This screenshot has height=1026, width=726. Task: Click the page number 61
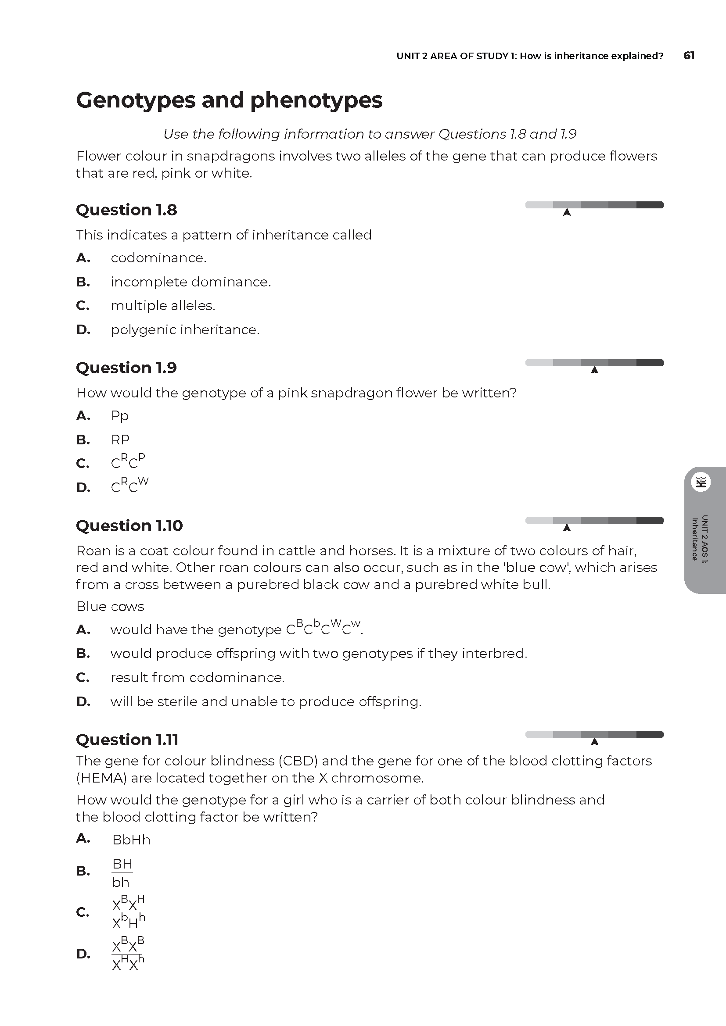(689, 55)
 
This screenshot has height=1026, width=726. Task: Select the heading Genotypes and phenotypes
(229, 100)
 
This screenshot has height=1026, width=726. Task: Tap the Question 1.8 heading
(126, 210)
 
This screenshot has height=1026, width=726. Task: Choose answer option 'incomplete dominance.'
(191, 282)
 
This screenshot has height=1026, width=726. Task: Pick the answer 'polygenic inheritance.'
(185, 330)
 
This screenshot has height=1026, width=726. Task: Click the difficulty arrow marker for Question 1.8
(567, 212)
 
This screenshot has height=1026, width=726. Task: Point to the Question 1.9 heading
(126, 368)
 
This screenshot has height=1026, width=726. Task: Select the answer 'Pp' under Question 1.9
(120, 416)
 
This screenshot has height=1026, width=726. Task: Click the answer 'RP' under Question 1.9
(120, 440)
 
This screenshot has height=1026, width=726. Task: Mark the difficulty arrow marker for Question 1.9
(595, 370)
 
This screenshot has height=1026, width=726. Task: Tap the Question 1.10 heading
(129, 526)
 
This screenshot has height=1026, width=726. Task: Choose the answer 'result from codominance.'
(198, 677)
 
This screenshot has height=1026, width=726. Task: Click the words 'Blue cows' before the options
(111, 606)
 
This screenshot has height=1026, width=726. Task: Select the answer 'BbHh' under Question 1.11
(131, 840)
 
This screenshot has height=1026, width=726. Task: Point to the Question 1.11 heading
(127, 740)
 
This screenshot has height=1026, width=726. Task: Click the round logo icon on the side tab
(701, 482)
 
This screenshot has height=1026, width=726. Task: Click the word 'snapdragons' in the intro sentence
(231, 157)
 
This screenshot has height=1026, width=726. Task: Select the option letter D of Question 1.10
(83, 701)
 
